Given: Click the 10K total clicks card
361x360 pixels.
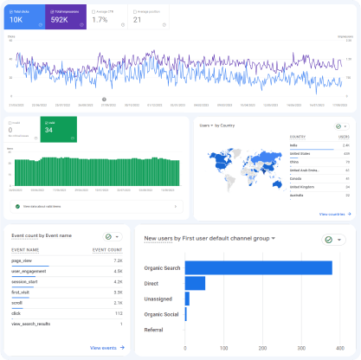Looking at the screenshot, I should coord(23,16).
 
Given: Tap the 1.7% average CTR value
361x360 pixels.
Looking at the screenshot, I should coord(100,19).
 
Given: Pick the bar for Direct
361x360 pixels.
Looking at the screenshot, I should coord(195,283).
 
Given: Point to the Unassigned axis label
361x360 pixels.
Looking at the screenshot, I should coord(162,299).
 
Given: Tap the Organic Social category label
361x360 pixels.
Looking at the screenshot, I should coord(161,314).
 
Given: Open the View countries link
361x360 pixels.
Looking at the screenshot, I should coord(334,214).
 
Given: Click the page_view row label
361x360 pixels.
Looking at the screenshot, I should coord(23,259).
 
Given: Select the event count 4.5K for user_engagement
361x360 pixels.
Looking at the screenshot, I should coord(118,270).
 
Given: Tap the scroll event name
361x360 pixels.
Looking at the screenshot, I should coord(18,303).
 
